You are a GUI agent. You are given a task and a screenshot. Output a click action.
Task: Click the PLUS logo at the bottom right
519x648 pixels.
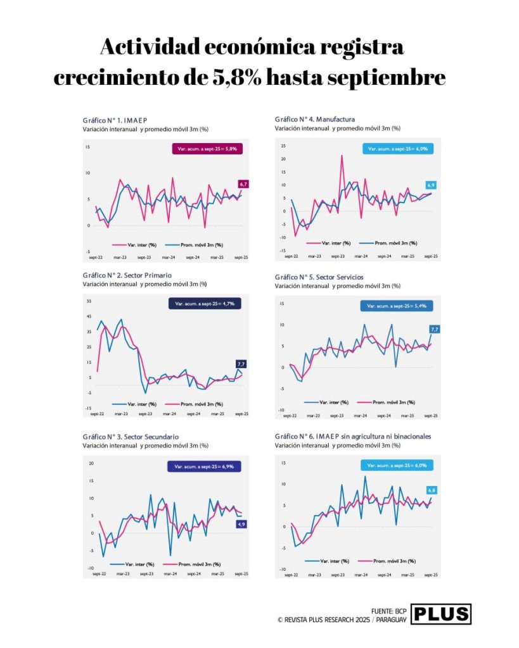point(440,613)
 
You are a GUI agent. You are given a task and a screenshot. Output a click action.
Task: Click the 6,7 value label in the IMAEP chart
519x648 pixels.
point(243,184)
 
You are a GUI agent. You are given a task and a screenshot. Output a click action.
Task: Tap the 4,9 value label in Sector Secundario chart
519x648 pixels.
point(241,524)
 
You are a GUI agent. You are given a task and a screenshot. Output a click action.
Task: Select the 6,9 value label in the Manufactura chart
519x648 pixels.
point(431,185)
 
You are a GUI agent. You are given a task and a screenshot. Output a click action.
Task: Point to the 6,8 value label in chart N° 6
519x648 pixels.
point(432,490)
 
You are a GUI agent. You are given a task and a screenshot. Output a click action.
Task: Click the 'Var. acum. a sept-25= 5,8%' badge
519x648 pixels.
point(207,149)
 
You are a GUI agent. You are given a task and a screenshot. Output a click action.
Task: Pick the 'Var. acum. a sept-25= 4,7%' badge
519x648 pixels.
point(205,304)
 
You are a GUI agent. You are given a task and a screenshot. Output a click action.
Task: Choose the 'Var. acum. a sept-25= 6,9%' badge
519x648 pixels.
point(204,466)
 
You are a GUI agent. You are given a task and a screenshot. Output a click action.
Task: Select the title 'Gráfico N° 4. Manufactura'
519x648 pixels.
point(314,119)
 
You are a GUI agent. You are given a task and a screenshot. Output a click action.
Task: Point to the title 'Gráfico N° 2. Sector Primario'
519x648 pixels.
point(127,275)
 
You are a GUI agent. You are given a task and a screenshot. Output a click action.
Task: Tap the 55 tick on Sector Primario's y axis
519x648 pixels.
point(89,301)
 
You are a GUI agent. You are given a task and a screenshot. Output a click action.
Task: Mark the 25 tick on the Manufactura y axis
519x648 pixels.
point(283,145)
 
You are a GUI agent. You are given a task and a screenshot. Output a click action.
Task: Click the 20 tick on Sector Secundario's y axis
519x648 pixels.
point(91,463)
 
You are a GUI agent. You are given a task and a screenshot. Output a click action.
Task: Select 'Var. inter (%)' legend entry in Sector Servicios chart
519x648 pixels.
point(333,401)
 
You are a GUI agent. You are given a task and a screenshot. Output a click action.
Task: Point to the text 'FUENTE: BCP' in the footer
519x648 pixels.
point(388,611)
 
